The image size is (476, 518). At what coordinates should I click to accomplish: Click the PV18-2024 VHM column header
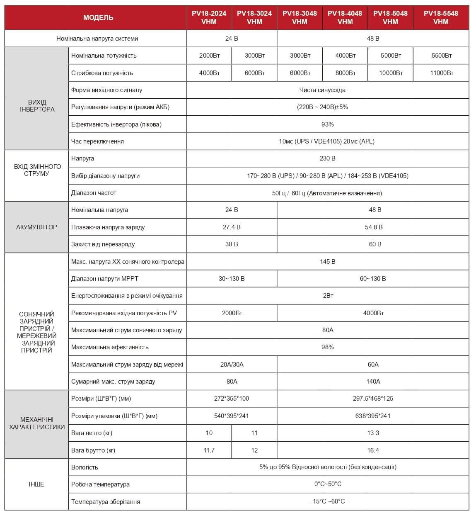209,17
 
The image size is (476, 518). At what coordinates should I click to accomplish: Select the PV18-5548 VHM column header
441,17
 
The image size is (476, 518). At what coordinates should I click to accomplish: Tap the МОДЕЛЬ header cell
98,17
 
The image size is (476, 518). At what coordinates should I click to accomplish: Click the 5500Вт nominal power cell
441,56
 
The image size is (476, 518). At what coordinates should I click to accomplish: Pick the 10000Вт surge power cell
390,73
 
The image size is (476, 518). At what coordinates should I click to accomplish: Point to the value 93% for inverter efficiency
327,124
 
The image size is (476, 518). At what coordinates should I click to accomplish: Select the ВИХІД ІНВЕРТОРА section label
37,106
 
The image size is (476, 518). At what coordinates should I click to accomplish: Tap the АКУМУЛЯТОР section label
36,227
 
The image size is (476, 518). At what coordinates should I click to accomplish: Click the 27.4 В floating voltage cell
232,227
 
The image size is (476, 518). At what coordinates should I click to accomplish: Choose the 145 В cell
327,262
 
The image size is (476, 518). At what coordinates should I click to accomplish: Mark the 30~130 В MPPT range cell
232,279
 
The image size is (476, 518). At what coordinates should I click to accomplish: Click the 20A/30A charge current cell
232,365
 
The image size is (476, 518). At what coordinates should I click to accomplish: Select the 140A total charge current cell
373,382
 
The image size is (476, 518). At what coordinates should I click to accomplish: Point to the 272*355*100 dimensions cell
232,399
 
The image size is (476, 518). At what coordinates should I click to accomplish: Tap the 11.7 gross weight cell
209,450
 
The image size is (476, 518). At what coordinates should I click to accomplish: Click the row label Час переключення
97,141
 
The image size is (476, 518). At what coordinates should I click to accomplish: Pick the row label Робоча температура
100,484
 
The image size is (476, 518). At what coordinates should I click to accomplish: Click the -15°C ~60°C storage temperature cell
327,501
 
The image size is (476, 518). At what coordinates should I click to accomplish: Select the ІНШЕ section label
36,484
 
